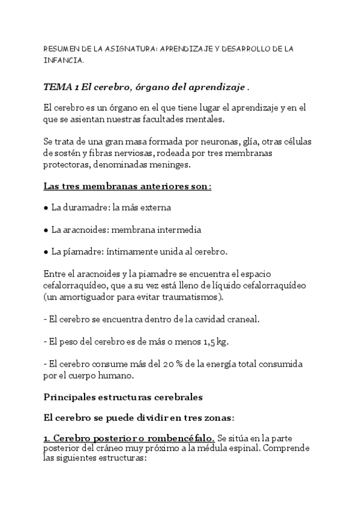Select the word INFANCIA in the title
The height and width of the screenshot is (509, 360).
click(x=63, y=61)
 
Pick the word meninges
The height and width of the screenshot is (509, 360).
click(x=172, y=164)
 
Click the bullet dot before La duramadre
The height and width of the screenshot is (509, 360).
click(x=46, y=208)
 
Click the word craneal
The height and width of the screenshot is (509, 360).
click(x=244, y=319)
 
